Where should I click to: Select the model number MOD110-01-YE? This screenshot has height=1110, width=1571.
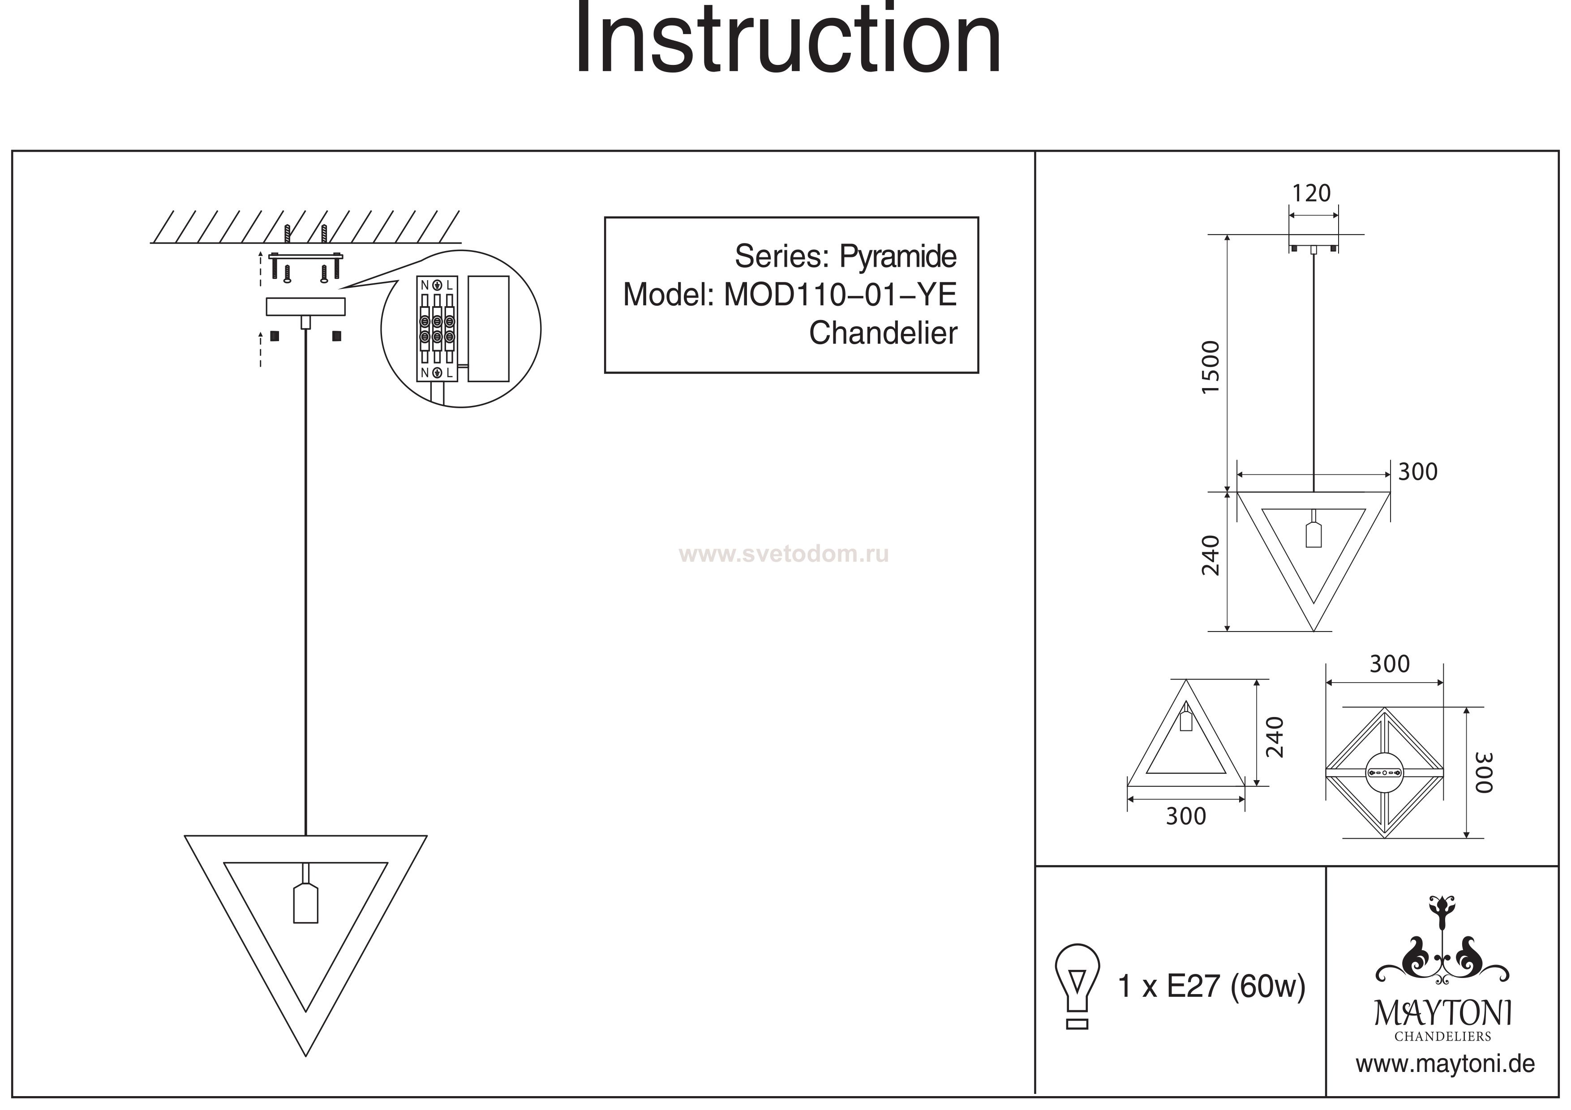tap(840, 295)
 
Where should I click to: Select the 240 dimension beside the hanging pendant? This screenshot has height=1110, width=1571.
tap(1211, 555)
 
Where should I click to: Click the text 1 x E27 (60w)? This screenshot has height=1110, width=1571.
tap(1211, 986)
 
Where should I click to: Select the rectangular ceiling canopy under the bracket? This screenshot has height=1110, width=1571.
tap(305, 307)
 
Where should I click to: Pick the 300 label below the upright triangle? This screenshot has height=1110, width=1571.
tap(1186, 816)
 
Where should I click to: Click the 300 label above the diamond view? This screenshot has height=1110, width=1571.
tap(1389, 664)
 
